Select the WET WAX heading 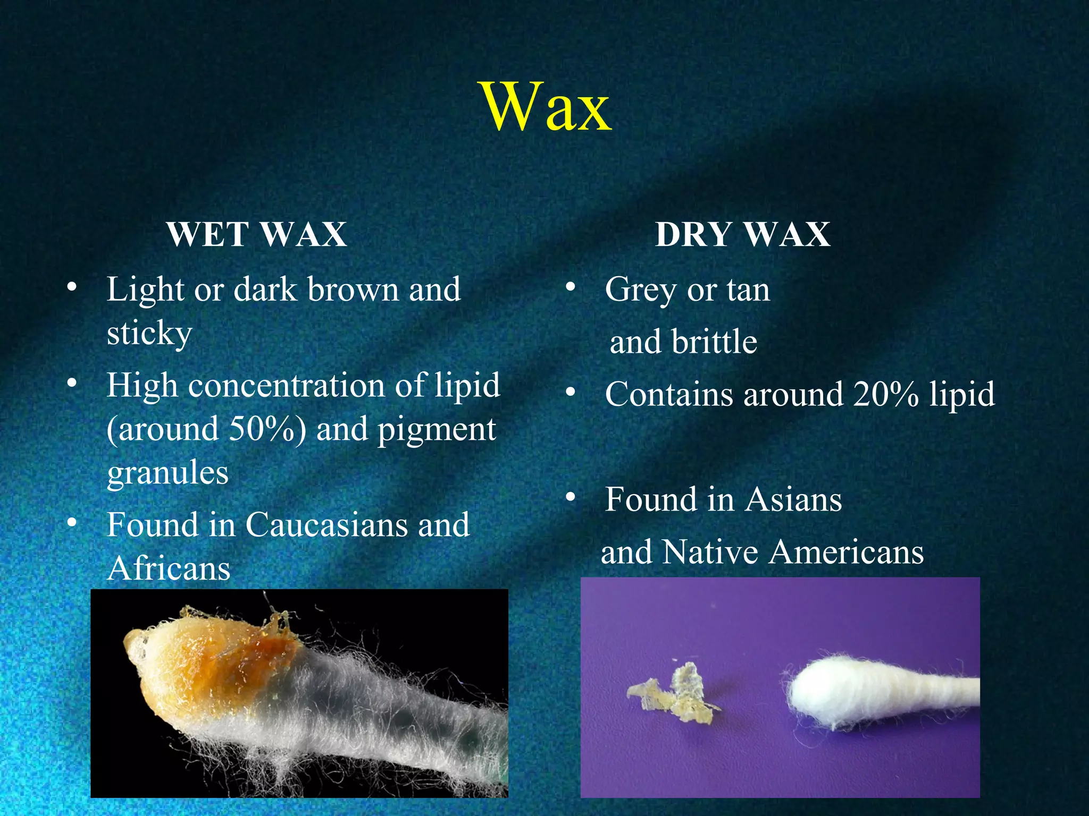click(257, 234)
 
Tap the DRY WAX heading click(742, 234)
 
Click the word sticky click(149, 334)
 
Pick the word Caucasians click(328, 525)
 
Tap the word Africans click(169, 568)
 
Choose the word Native click(711, 552)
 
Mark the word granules click(167, 473)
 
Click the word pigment click(437, 429)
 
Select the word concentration click(287, 385)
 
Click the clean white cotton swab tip click(830, 691)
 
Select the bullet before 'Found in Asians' click(571, 497)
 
